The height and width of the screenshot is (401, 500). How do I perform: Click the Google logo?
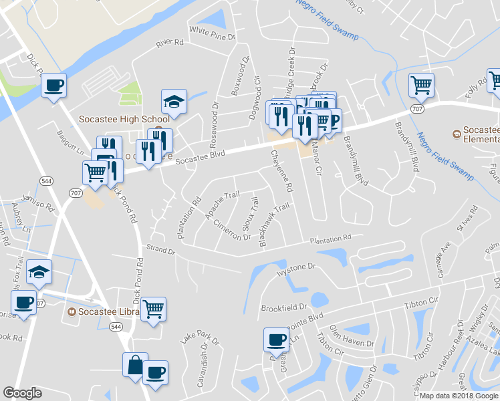tap(22, 393)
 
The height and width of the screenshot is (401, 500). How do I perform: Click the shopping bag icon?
tap(135, 366)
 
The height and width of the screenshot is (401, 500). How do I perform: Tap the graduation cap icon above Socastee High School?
tap(174, 102)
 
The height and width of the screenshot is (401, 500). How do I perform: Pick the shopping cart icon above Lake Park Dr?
tap(153, 309)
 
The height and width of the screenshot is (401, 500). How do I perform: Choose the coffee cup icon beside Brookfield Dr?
tap(276, 340)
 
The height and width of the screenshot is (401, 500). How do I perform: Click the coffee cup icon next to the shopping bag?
tap(155, 373)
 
